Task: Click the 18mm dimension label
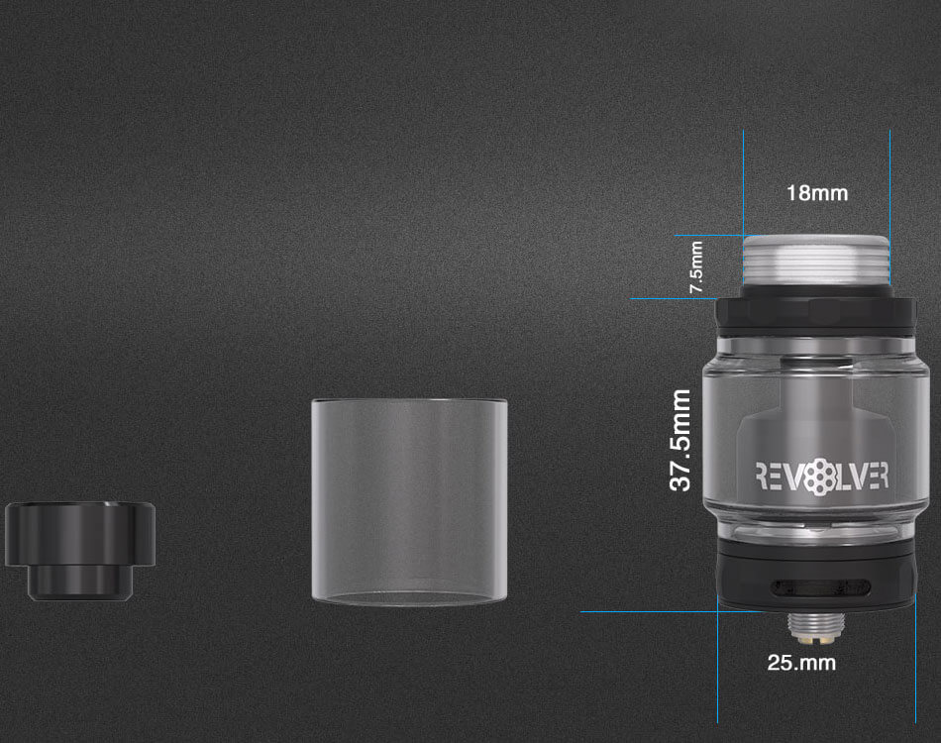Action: (817, 193)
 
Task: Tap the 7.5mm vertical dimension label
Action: (696, 267)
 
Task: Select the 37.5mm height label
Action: (680, 440)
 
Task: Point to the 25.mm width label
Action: (801, 663)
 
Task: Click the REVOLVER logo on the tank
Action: (822, 477)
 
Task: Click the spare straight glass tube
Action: (409, 501)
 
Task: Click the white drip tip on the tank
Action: (816, 260)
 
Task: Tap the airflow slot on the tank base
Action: (821, 587)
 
